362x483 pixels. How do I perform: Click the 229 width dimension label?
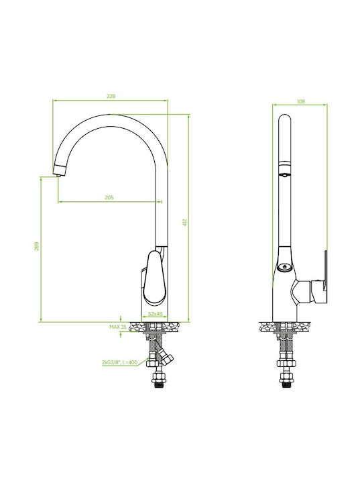[111, 97]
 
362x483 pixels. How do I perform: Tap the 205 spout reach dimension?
[109, 197]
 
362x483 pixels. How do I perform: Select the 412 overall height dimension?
[185, 223]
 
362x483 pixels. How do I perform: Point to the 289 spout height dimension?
[37, 246]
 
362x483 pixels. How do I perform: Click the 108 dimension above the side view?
[301, 101]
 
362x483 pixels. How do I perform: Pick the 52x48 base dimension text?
[155, 313]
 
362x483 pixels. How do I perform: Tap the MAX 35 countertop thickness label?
[118, 327]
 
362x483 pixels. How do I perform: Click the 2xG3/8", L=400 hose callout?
[120, 362]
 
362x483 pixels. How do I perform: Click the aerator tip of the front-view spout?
[58, 174]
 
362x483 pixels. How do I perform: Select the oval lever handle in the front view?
[155, 278]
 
